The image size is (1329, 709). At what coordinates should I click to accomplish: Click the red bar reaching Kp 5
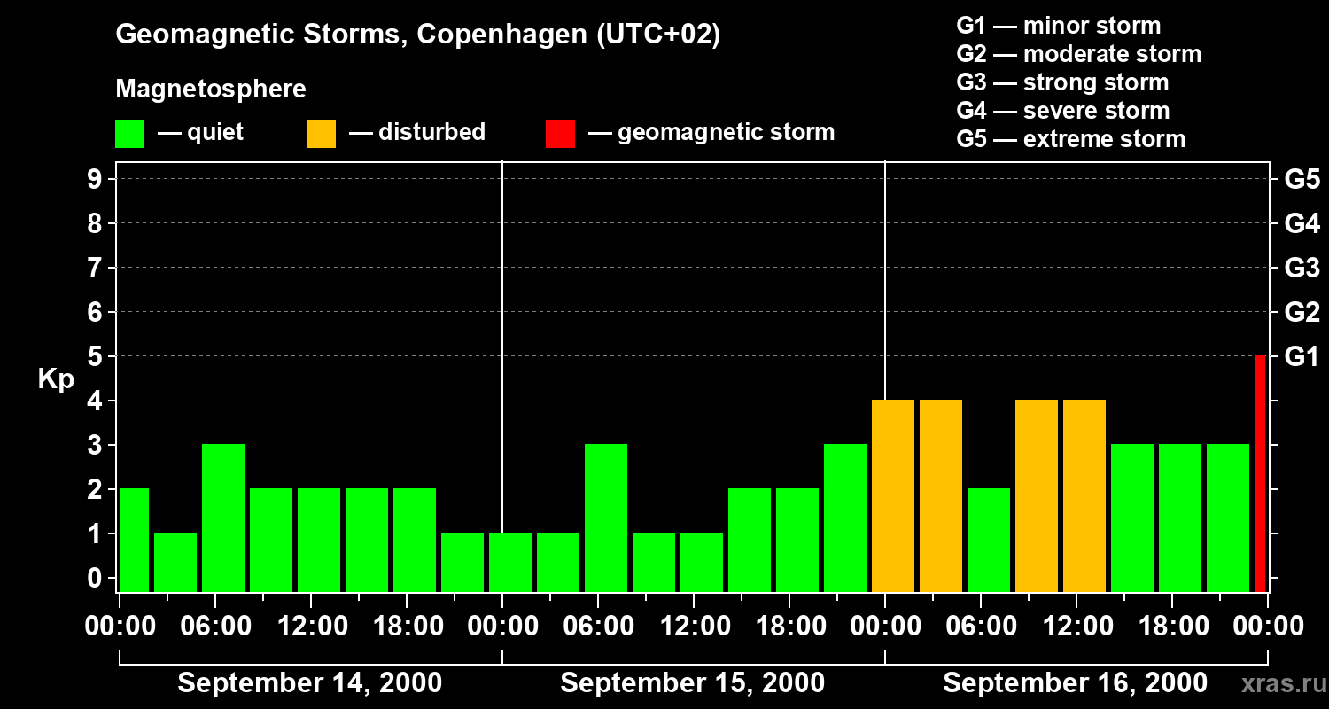click(1259, 473)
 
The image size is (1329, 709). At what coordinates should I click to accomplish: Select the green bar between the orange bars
click(989, 540)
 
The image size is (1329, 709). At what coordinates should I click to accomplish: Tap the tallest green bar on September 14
click(223, 518)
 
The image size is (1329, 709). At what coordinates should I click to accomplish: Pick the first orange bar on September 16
click(893, 495)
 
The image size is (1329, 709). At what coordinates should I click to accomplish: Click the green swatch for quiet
click(129, 133)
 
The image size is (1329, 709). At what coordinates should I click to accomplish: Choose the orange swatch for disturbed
click(321, 133)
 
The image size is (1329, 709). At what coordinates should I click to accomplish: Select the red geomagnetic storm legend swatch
click(560, 133)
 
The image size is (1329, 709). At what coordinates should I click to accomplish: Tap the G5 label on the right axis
click(1302, 179)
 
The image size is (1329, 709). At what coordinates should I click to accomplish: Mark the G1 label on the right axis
click(1302, 357)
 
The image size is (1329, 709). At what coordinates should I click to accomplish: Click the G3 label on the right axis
click(1302, 268)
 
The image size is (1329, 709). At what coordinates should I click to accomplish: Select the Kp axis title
click(56, 379)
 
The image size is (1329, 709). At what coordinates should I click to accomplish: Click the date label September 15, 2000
click(692, 683)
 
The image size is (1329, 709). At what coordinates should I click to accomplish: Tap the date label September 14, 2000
click(310, 683)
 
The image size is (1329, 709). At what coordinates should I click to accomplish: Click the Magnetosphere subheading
click(211, 90)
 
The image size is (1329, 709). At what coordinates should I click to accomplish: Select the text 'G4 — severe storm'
click(1062, 111)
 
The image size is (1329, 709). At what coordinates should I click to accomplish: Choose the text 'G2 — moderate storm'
click(1078, 54)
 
